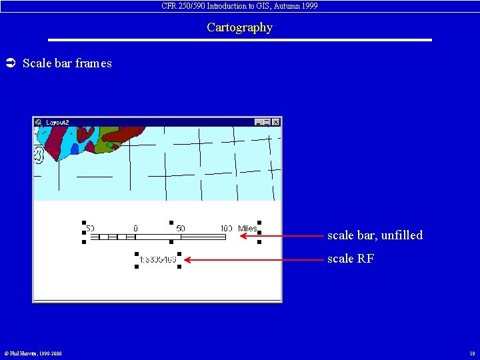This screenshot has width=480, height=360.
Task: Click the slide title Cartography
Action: [x=239, y=27]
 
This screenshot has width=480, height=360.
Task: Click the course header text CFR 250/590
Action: [x=239, y=5]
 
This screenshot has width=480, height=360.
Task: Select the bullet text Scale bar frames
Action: [x=67, y=63]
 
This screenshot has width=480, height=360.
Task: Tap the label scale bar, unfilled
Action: [x=375, y=235]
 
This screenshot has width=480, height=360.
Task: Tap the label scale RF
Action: [x=350, y=259]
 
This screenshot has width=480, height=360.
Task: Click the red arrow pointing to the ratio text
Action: [x=253, y=259]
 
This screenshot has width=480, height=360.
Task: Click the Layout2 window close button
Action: [x=276, y=123]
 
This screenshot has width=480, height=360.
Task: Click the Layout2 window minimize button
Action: [x=259, y=123]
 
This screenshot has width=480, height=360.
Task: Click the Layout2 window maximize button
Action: [x=267, y=123]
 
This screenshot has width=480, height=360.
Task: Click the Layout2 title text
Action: [x=57, y=123]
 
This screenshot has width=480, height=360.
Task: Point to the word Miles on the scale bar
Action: [x=247, y=229]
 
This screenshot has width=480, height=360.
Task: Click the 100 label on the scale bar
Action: [x=226, y=229]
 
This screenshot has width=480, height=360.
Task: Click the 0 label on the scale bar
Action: [x=135, y=229]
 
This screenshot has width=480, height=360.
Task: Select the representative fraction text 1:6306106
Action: [x=158, y=259]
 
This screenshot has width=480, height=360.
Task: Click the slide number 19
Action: [x=471, y=353]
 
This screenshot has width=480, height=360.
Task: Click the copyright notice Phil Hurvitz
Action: [x=33, y=353]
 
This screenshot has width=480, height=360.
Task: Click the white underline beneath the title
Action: [x=239, y=40]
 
